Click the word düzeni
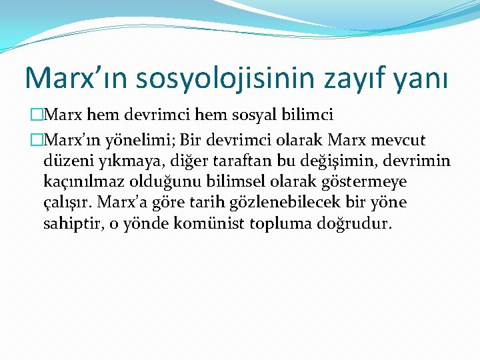click(65, 161)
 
